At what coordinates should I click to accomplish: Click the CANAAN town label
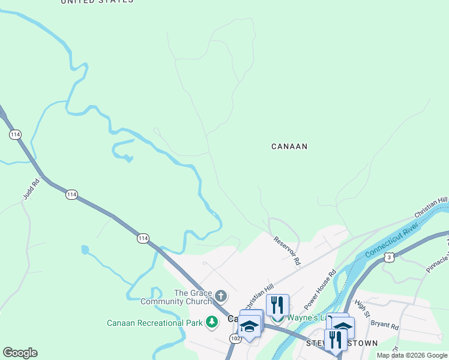click(289, 146)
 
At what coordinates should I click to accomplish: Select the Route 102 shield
click(235, 339)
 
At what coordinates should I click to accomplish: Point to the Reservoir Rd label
click(286, 250)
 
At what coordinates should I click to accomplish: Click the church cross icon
click(221, 295)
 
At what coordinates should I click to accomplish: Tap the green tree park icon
click(211, 323)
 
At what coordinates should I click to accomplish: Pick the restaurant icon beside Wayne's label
click(277, 305)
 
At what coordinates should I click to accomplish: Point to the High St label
click(360, 306)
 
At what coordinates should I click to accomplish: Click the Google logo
click(20, 353)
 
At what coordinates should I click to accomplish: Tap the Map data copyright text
click(412, 355)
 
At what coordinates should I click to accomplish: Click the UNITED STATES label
click(97, 1)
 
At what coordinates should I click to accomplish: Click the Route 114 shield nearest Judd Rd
click(71, 194)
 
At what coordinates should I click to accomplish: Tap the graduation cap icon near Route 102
click(250, 326)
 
